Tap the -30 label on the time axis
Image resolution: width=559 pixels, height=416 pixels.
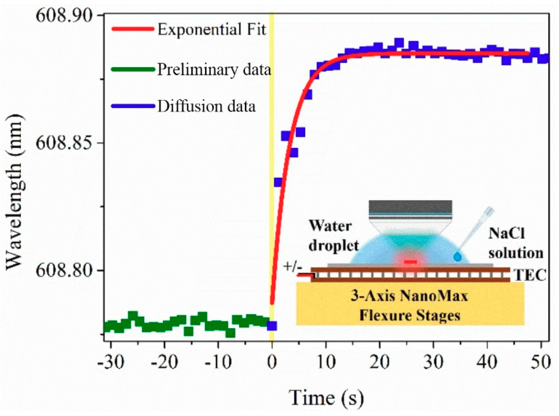coord(111,362)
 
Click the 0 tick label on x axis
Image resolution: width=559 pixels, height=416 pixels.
coord(272,362)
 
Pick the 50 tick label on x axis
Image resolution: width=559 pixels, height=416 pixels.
coord(541,362)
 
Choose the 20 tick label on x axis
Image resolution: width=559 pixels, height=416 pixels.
coord(380,362)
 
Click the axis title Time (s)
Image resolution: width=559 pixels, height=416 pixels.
coord(326,398)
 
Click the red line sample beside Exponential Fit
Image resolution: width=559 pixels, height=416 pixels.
coord(133,29)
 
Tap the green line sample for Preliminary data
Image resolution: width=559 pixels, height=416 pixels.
coord(133,69)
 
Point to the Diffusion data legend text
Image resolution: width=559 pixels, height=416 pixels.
coord(207,106)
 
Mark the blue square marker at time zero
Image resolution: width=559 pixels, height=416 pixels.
coord(272,326)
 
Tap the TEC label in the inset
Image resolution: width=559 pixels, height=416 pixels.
coord(530,275)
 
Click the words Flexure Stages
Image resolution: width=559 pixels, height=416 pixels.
coord(410,316)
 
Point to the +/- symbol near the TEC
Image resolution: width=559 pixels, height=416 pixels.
coord(292,266)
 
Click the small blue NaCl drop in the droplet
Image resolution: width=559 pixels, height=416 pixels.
coord(457,257)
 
